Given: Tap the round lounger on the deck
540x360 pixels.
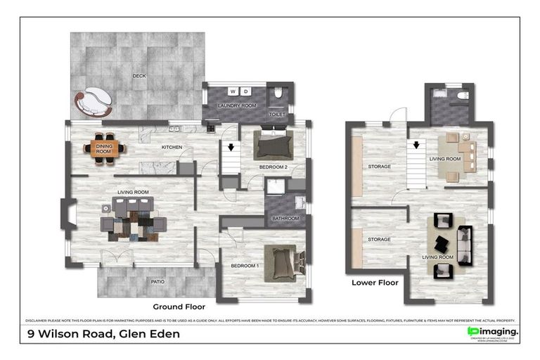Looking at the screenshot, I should tap(97, 103).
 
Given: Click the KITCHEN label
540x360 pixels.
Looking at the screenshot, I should tap(172, 147).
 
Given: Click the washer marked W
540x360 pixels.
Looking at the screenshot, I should tap(233, 91).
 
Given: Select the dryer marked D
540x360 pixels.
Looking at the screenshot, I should tap(246, 91).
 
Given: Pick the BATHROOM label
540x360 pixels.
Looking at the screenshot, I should tap(285, 219).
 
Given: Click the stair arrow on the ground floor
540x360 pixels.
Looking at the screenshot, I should tap(231, 148).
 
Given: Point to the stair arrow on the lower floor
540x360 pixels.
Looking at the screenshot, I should tap(416, 146).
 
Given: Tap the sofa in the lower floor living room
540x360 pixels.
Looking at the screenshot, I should tap(465, 243).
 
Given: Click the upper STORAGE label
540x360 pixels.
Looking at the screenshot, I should tap(379, 167).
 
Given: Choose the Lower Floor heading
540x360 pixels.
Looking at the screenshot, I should tap(375, 283).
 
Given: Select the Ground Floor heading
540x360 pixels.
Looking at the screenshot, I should tap(179, 307).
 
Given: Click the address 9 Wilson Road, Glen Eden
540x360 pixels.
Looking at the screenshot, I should tap(103, 334).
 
